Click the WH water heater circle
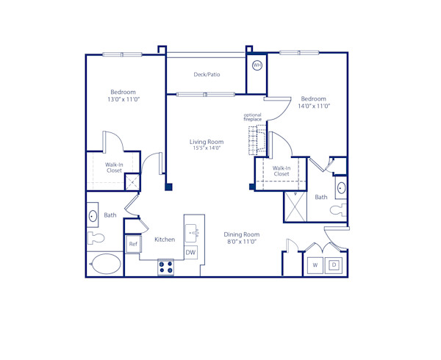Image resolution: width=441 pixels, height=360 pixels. click(257, 65)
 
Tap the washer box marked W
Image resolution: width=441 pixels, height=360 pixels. click(315, 264)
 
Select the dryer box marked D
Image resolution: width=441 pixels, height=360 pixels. click(333, 264)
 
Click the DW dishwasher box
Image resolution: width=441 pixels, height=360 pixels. click(190, 253)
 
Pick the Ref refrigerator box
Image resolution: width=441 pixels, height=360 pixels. click(133, 244)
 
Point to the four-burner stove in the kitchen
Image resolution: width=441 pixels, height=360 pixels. click(166, 268)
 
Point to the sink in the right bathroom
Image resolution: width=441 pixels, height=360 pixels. click(341, 187)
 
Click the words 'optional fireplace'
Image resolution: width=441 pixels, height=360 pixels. click(253, 117)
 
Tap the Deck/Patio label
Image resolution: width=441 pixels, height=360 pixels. click(207, 74)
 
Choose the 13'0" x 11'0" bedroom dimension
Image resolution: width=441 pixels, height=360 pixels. click(122, 99)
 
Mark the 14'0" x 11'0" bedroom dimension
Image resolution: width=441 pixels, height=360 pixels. click(314, 106)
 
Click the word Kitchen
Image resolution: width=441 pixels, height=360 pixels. click(165, 240)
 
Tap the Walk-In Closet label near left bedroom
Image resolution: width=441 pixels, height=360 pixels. click(114, 168)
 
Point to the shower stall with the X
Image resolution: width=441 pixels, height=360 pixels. click(295, 206)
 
